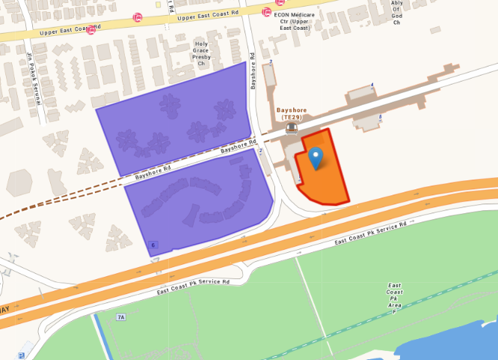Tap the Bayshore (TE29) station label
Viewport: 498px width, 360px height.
pyautogui.click(x=292, y=114)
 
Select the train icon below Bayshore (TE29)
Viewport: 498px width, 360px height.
pyautogui.click(x=291, y=128)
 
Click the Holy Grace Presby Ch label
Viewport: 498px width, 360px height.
pyautogui.click(x=200, y=54)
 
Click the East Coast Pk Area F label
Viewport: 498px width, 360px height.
pyautogui.click(x=394, y=298)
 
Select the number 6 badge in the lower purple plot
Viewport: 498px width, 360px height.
pyautogui.click(x=153, y=245)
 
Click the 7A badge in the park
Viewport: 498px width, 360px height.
pyautogui.click(x=120, y=317)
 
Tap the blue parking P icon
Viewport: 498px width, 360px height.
pyautogui.click(x=21, y=355)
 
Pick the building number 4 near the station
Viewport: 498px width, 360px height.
pyautogui.click(x=372, y=85)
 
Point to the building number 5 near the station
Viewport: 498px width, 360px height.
pyautogui.click(x=380, y=117)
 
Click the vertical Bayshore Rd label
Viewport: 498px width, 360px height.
pyautogui.click(x=253, y=71)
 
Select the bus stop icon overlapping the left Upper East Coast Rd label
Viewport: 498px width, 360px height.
pyautogui.click(x=92, y=28)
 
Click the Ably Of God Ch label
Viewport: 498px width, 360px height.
pyautogui.click(x=396, y=13)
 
